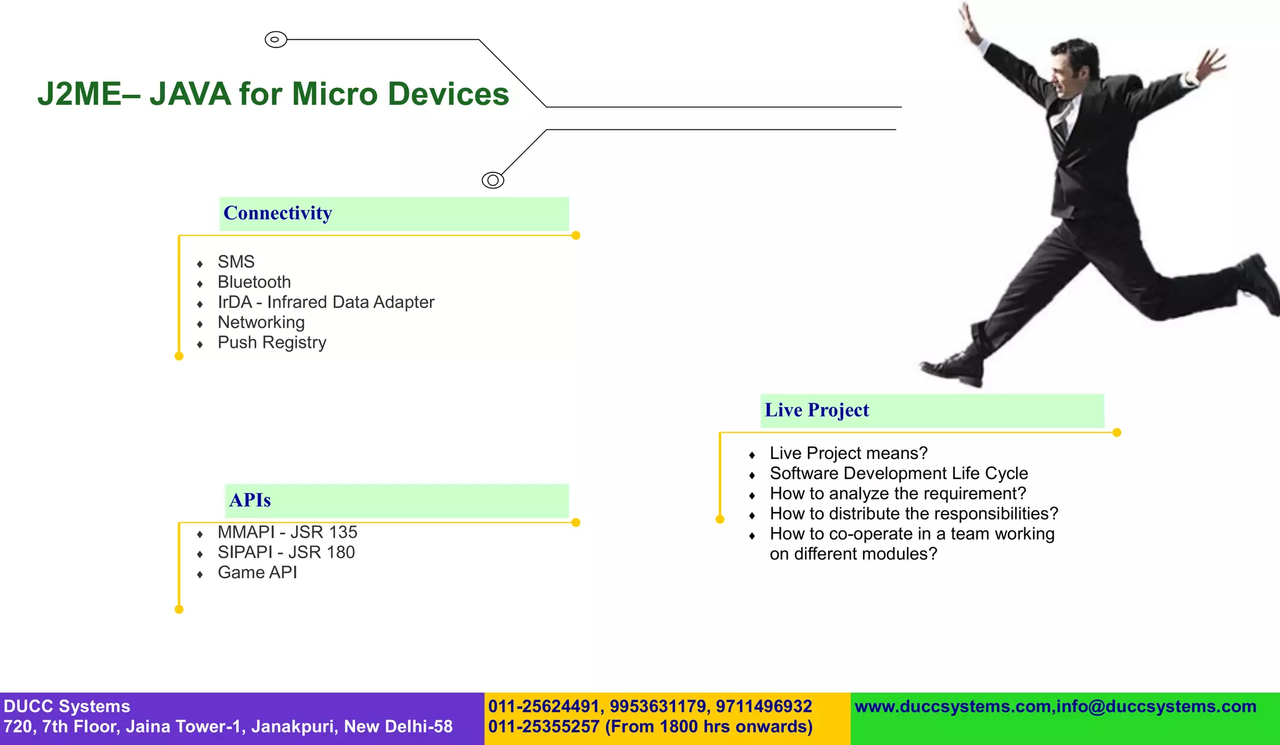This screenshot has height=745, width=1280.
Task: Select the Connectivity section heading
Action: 277,213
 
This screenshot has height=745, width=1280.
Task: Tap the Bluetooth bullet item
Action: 254,282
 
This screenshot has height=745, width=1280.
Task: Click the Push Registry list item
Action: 272,343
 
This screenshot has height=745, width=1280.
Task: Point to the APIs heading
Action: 250,500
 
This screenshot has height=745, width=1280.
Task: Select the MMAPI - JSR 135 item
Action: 287,532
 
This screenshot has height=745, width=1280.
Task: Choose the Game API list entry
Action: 257,573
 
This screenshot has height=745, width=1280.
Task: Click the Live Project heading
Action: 816,410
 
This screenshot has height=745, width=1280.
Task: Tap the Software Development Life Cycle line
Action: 898,473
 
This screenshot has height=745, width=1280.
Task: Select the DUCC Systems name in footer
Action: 67,706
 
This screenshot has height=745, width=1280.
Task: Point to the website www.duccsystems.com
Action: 952,706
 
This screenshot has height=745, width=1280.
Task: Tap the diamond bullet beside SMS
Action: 200,264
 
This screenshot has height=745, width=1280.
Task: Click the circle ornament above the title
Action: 276,39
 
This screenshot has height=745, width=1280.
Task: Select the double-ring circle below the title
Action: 492,180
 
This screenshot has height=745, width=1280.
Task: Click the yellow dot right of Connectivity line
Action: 576,235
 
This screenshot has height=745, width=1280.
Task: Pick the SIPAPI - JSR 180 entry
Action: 286,553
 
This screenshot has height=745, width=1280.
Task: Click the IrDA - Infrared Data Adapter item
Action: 326,302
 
